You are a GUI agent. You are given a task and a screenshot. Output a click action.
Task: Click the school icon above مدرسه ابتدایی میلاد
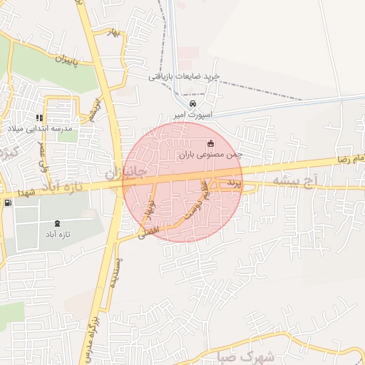pyautogui.click(x=39, y=118)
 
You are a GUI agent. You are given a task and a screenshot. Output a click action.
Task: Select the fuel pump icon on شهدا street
pyautogui.click(x=8, y=203)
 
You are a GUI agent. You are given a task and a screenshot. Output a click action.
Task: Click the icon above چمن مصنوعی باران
pyautogui.click(x=210, y=143)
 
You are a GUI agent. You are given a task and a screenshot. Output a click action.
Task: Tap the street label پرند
pyautogui.click(x=234, y=185)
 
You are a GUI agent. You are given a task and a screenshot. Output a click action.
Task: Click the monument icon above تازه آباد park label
pyautogui.click(x=56, y=222)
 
